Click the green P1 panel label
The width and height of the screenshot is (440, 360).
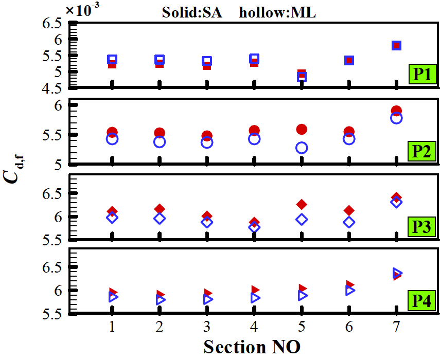pos(423,74)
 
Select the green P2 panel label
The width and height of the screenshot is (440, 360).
pos(423,153)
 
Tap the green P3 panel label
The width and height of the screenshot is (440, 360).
pos(423,226)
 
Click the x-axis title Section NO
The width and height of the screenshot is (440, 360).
pos(252,346)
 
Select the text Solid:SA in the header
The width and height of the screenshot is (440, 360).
pos(191,13)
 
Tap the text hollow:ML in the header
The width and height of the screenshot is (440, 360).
pos(277,13)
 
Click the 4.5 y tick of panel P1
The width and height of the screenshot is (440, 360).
pos(53,87)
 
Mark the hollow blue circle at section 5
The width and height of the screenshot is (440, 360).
pos(302,148)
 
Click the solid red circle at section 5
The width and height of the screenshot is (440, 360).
pos(302,129)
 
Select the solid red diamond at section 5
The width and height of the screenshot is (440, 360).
pos(302,204)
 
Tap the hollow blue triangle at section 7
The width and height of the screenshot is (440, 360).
pos(397,273)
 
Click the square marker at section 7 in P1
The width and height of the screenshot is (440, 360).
pos(396,45)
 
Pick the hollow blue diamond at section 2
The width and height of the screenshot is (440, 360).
pos(160,219)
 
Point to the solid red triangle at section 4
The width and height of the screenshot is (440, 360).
pos(255,290)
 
